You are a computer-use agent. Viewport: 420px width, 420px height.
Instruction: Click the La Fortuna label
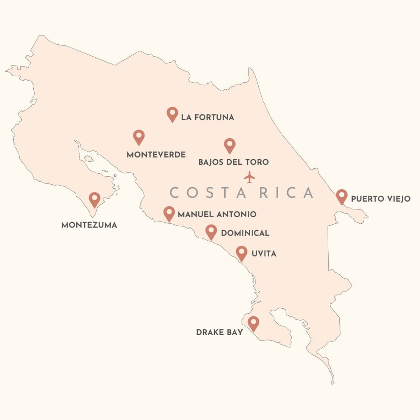pyautogui.click(x=208, y=117)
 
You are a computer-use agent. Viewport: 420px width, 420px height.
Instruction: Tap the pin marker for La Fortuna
pyautogui.click(x=172, y=114)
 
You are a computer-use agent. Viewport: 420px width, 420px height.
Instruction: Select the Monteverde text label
pyautogui.click(x=156, y=155)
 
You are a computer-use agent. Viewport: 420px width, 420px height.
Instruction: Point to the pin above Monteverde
pyautogui.click(x=139, y=137)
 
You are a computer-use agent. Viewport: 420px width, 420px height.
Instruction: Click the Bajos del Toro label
pyautogui.click(x=233, y=162)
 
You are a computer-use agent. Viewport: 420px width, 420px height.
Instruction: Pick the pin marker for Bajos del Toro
pyautogui.click(x=230, y=145)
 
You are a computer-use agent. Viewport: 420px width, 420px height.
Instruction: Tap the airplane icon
pyautogui.click(x=249, y=177)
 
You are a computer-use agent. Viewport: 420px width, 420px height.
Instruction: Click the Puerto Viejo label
pyautogui.click(x=381, y=199)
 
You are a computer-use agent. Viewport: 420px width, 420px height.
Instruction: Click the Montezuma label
pyautogui.click(x=89, y=225)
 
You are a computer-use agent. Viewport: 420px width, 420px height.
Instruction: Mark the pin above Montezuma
pyautogui.click(x=94, y=199)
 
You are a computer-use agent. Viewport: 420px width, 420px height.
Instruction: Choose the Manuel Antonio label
pyautogui.click(x=217, y=214)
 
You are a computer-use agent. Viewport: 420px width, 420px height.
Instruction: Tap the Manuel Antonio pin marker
pyautogui.click(x=169, y=213)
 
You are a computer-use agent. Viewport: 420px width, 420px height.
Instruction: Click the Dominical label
pyautogui.click(x=245, y=233)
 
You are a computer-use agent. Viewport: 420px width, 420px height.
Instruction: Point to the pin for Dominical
pyautogui.click(x=211, y=231)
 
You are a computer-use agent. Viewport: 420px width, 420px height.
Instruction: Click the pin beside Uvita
pyautogui.click(x=241, y=253)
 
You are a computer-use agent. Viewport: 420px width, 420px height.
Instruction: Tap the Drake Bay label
pyautogui.click(x=219, y=332)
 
